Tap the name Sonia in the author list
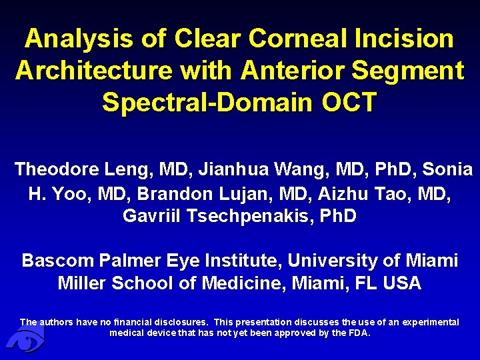(x=447, y=169)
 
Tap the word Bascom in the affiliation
(x=53, y=260)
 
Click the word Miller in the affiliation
(x=82, y=283)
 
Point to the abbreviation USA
(x=403, y=283)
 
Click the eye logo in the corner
(x=25, y=341)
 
